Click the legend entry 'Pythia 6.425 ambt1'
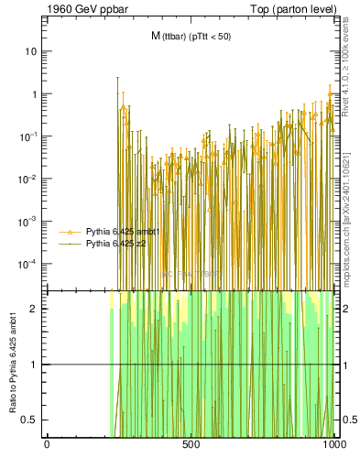[122, 233]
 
